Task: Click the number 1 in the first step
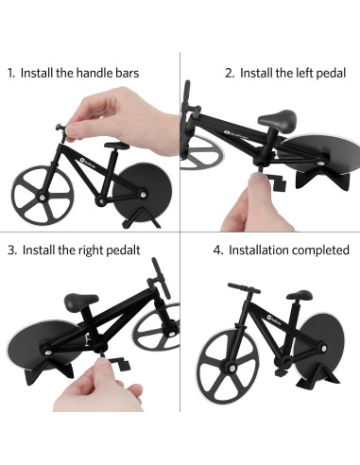[10, 72]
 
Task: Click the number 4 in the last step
[218, 251]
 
